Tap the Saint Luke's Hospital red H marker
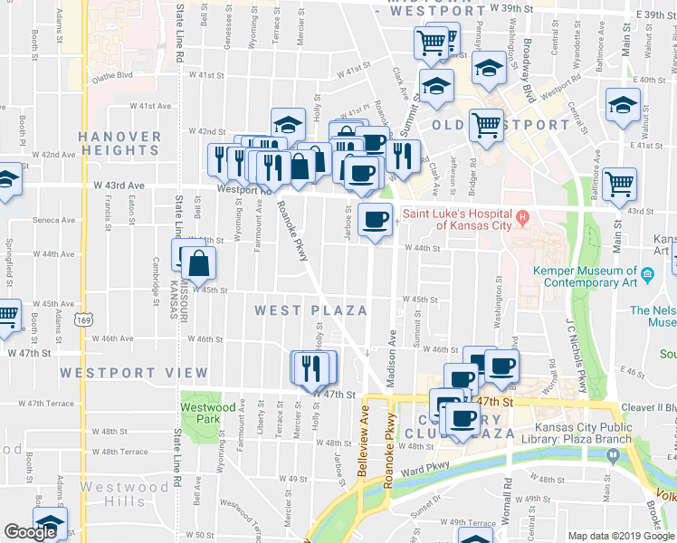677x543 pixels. click(521, 215)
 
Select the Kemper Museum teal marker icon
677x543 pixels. click(647, 274)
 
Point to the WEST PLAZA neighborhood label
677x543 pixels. click(310, 310)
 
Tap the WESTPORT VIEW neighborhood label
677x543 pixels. click(134, 373)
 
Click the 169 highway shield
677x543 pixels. click(84, 319)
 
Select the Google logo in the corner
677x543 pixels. click(30, 532)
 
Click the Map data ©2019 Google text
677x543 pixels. click(621, 536)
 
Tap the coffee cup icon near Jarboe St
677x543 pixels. click(375, 218)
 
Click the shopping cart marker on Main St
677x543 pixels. click(620, 184)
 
